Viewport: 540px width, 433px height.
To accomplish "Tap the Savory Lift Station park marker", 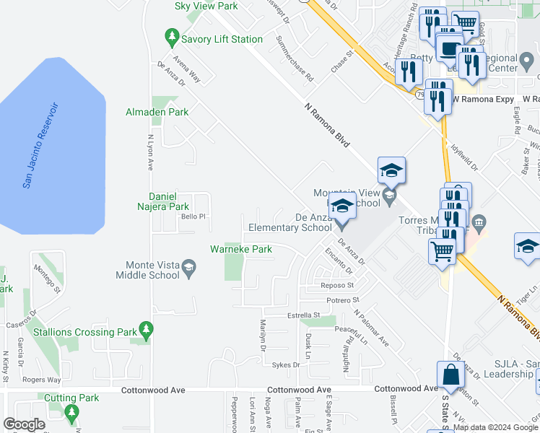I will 172,35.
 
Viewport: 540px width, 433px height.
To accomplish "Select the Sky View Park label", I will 206,6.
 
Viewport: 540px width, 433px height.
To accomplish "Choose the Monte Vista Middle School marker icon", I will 188,270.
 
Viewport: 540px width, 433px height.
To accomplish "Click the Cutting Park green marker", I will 71,412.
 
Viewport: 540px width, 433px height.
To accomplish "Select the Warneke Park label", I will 240,249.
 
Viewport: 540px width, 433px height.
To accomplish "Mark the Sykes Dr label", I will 286,365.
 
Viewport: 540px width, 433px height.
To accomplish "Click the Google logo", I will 25,424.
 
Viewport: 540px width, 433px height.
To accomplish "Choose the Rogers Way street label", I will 40,379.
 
